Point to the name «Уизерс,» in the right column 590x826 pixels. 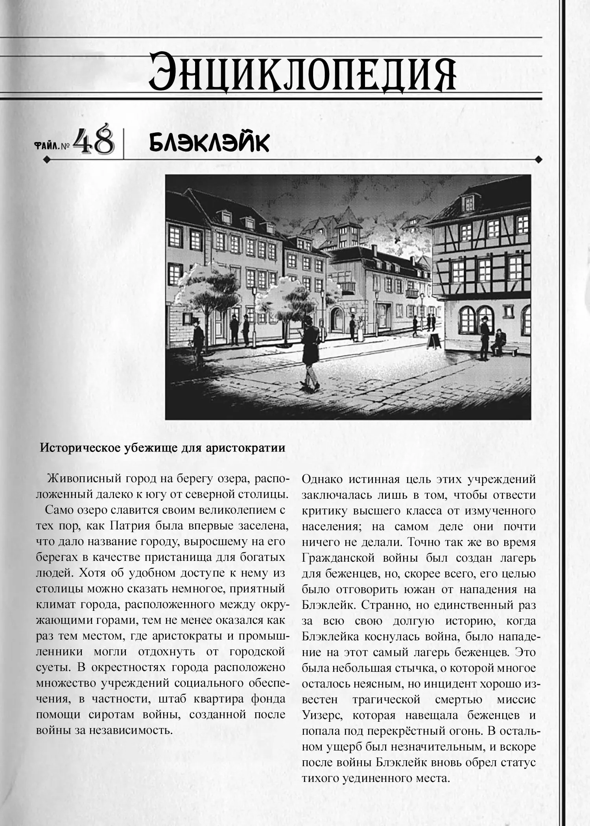click(x=322, y=715)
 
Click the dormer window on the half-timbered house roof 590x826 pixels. click(x=468, y=203)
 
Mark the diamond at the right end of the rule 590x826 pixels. click(x=539, y=159)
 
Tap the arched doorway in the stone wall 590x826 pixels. click(x=337, y=320)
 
